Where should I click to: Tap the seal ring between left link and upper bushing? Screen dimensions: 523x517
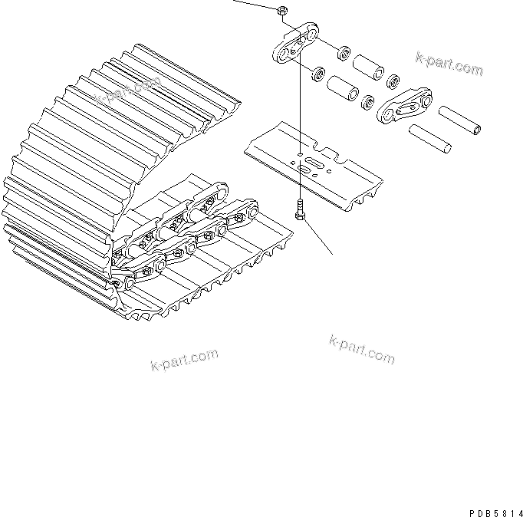coord(344,54)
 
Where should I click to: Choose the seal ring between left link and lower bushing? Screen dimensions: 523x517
coord(314,76)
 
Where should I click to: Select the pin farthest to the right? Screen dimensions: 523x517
coord(461,120)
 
